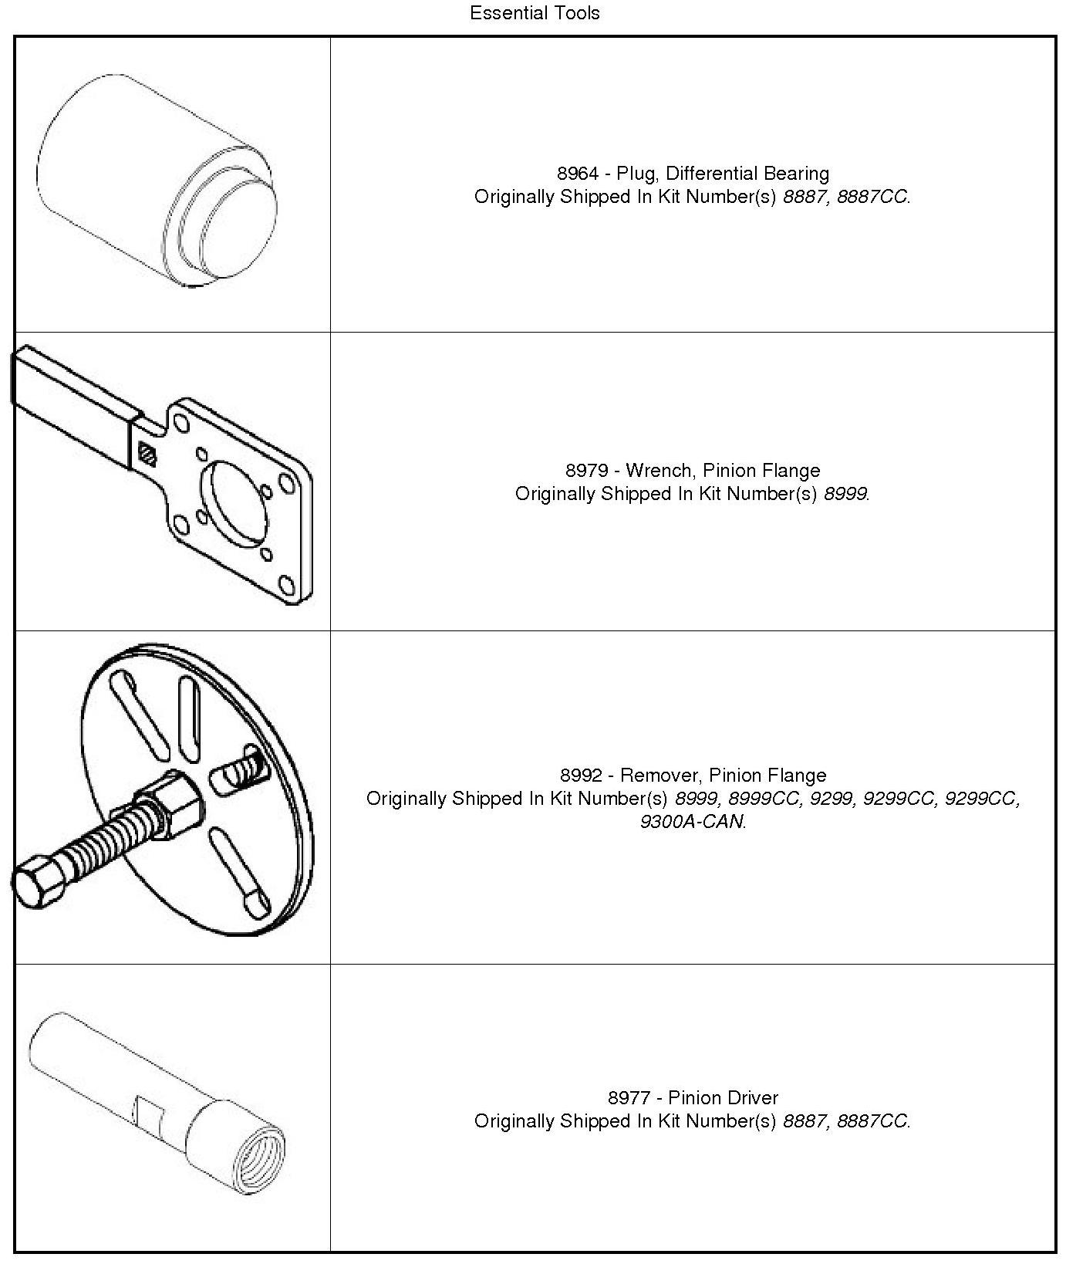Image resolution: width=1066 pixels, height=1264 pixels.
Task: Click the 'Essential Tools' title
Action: pos(535,13)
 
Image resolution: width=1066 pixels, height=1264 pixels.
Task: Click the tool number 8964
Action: pos(577,174)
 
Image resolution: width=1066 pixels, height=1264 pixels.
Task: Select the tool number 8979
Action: pos(586,471)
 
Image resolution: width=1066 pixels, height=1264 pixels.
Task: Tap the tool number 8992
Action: pos(581,776)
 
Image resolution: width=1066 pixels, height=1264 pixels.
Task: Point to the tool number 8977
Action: pos(629,1098)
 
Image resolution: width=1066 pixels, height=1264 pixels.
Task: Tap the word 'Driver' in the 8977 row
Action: pos(752,1098)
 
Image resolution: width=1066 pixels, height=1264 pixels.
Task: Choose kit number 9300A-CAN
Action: pos(692,822)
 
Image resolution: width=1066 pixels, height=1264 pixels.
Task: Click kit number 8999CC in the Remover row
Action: pos(764,799)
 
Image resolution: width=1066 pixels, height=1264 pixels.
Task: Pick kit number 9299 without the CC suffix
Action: pos(832,799)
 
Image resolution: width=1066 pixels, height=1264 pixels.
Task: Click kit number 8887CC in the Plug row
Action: pos(872,197)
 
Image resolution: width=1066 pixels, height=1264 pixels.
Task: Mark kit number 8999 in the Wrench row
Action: pos(845,494)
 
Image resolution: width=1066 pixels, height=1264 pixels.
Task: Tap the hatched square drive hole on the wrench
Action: pos(147,453)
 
